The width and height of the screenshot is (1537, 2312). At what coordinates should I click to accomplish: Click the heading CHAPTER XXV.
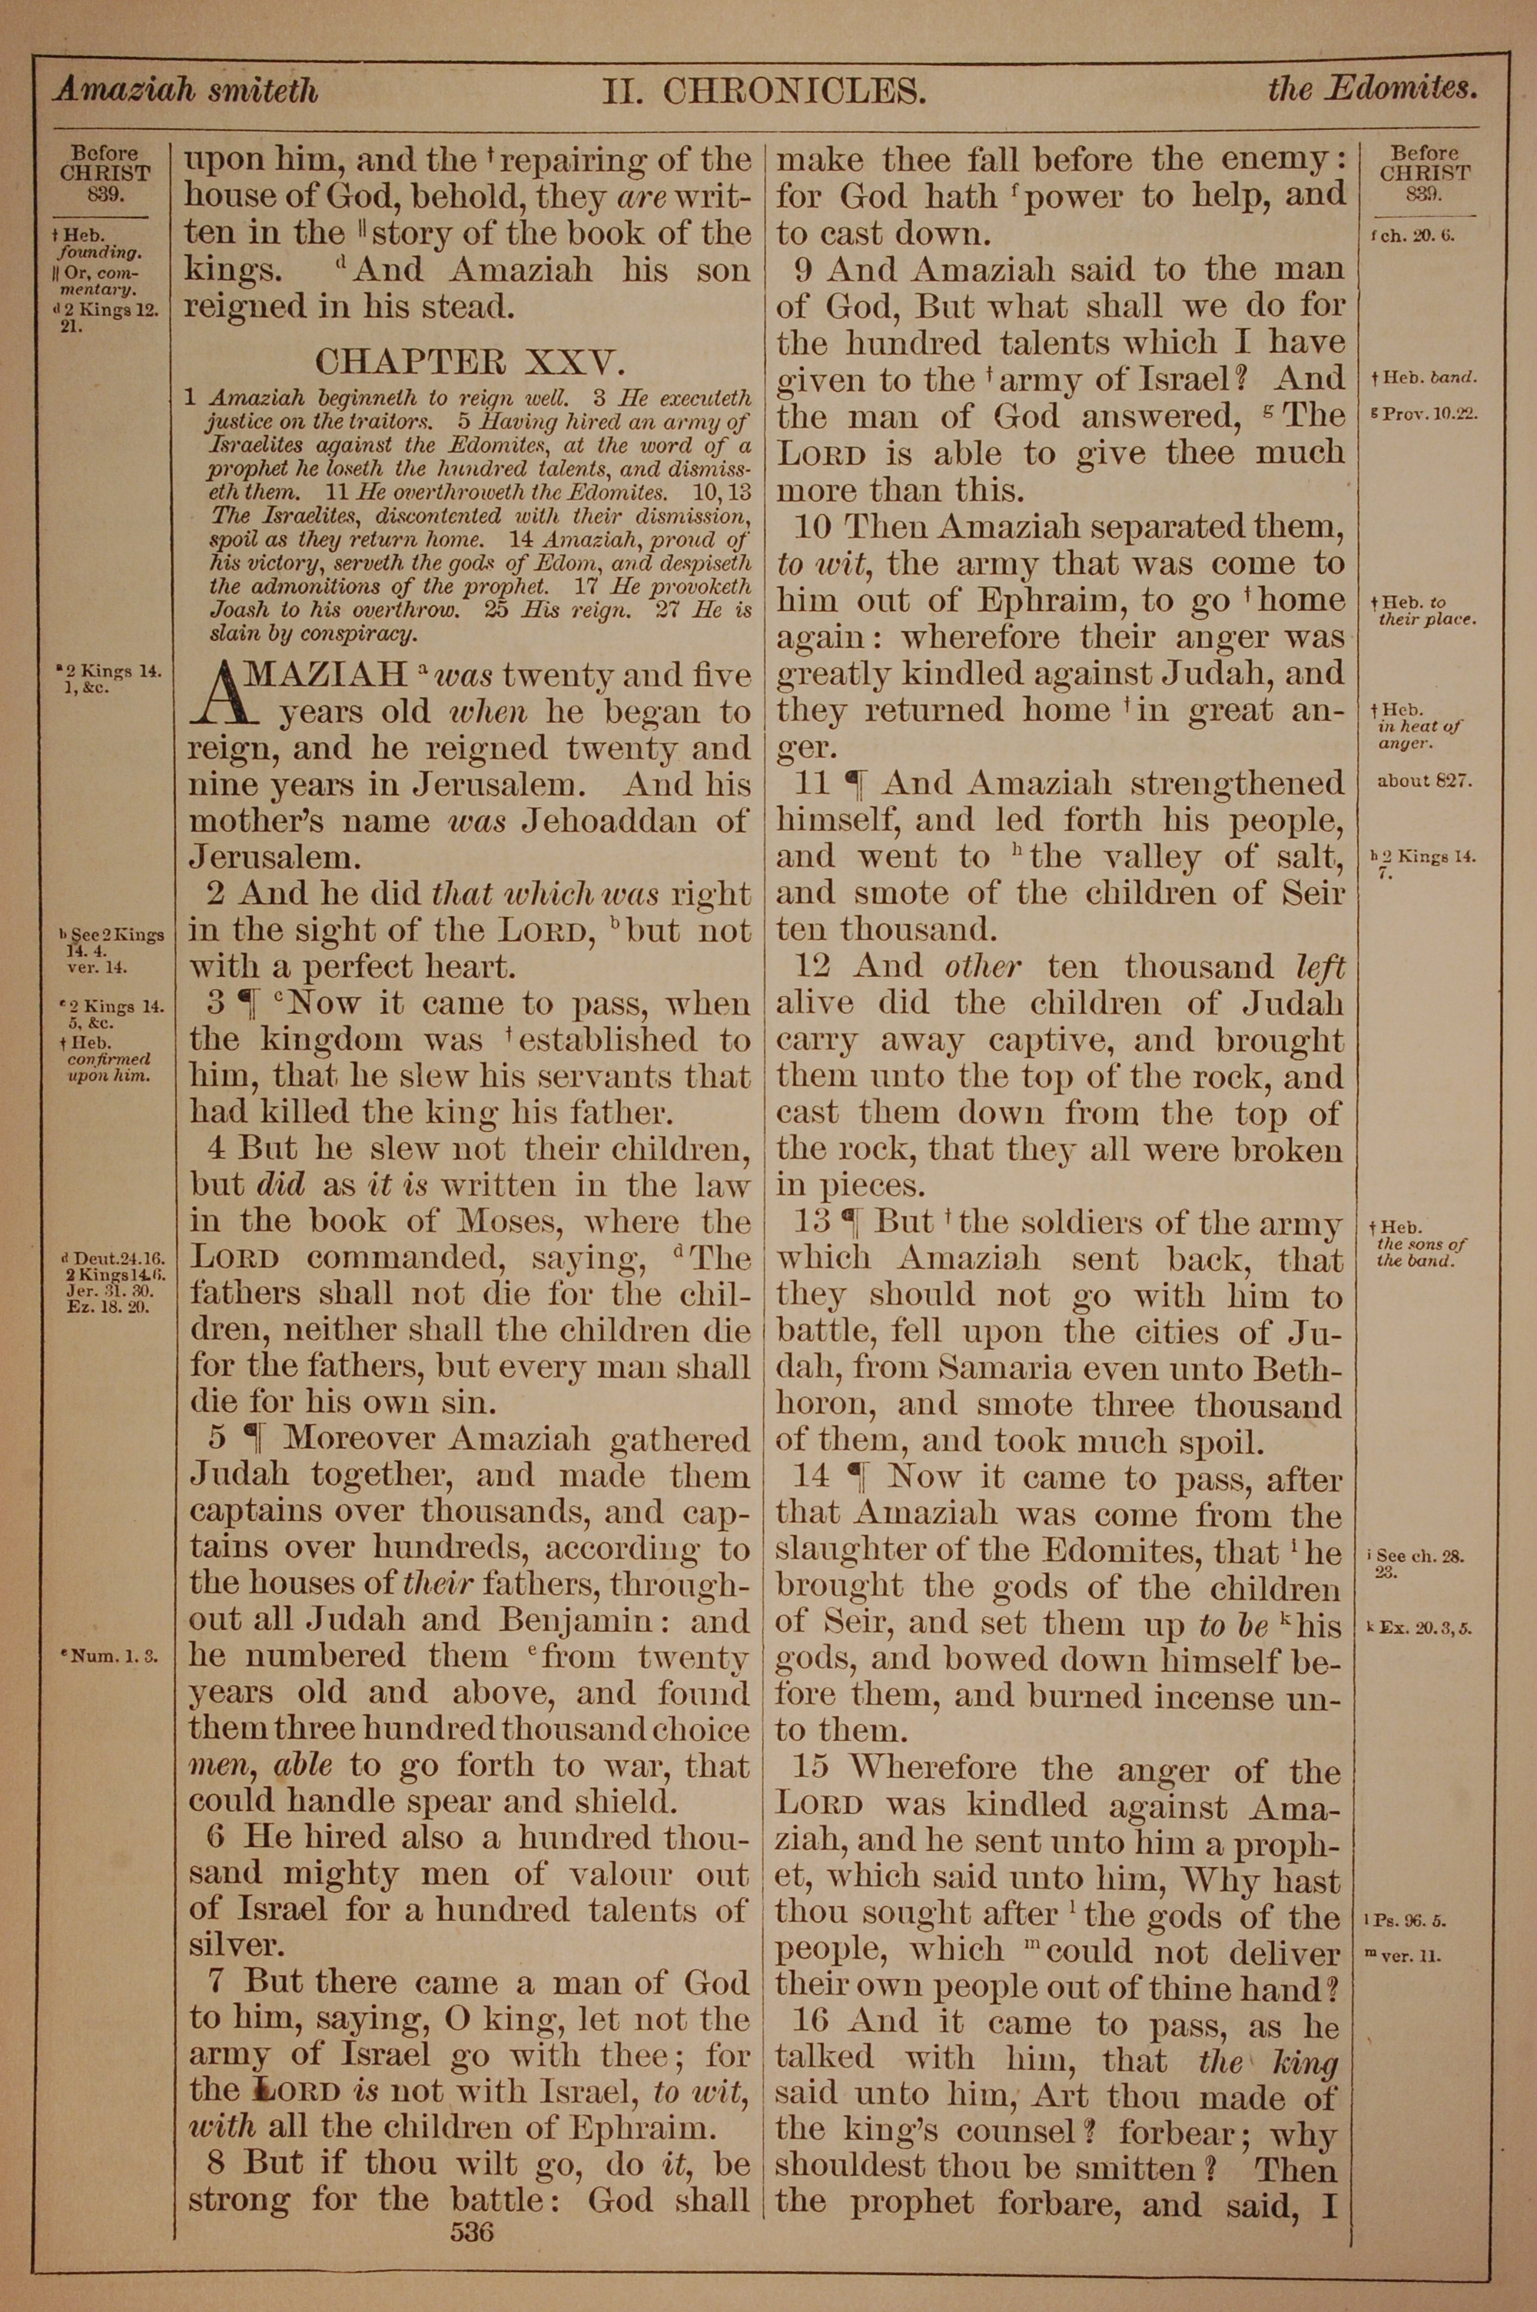click(x=469, y=363)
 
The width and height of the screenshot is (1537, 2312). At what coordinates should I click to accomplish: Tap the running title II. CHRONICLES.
click(x=765, y=93)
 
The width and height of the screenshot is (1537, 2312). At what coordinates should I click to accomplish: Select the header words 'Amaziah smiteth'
click(x=186, y=91)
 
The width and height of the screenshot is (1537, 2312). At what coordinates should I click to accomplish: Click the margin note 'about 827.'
click(x=1424, y=782)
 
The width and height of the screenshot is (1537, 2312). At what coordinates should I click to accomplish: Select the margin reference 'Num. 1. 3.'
click(x=110, y=1657)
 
